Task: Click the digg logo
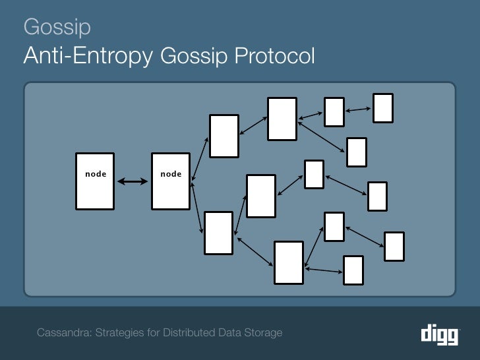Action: (439, 334)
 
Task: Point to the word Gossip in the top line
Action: (57, 27)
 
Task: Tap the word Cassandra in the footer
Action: (65, 332)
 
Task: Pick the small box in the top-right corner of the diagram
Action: (383, 108)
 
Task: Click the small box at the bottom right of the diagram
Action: (353, 270)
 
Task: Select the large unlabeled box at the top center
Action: (282, 119)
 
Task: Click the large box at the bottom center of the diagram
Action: (289, 262)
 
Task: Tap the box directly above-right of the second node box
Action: (224, 136)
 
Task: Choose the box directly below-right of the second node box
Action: (218, 233)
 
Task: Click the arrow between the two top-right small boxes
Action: (358, 110)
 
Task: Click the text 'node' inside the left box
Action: (96, 174)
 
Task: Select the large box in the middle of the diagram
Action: (260, 196)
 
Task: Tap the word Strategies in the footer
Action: (121, 332)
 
